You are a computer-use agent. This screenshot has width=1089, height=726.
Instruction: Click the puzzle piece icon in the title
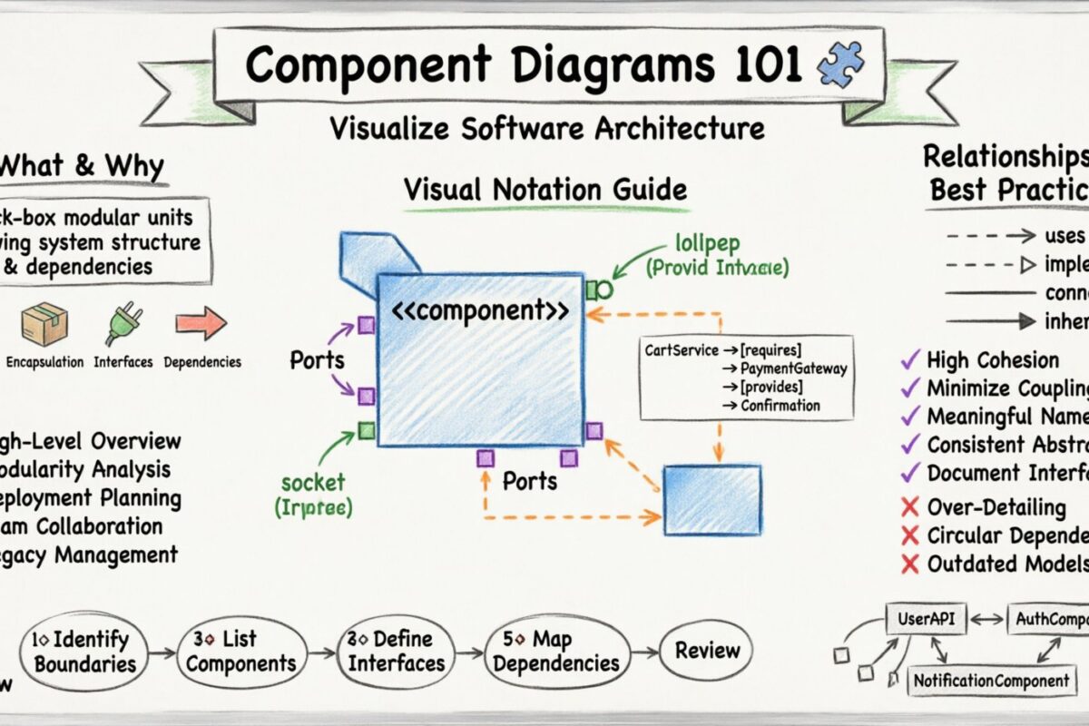click(840, 65)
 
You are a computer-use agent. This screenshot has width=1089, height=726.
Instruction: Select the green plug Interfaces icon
click(122, 324)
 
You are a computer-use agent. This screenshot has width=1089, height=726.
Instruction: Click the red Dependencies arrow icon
click(201, 323)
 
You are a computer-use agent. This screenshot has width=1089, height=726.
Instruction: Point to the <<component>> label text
click(481, 310)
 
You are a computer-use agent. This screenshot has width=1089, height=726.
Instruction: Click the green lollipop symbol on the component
click(599, 289)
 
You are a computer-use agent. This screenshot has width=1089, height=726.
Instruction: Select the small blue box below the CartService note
click(712, 499)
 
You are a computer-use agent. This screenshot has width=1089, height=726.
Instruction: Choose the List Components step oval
click(241, 651)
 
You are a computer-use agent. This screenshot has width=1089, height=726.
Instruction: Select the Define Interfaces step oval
click(397, 651)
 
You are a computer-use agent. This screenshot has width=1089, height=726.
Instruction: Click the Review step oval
click(707, 650)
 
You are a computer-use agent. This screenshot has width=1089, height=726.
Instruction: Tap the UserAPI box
click(926, 620)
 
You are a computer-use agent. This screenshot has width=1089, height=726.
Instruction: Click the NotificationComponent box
click(992, 680)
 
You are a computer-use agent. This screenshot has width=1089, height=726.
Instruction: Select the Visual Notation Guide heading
click(544, 191)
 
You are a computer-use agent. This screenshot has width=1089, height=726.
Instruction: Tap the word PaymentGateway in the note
click(793, 368)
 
